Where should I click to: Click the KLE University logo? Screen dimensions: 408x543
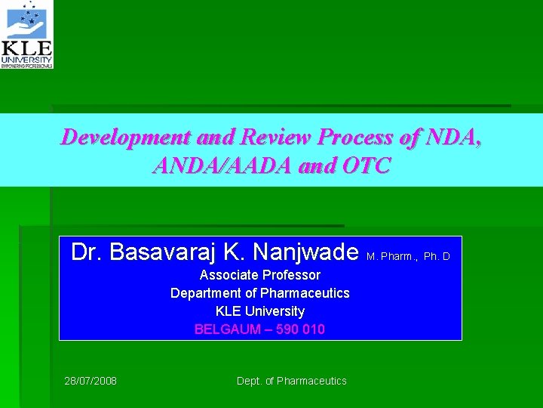[27, 35]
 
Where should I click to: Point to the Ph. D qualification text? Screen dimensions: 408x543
[437, 256]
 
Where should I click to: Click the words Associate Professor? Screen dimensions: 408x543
[260, 275]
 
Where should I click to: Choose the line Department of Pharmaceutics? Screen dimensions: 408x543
[260, 293]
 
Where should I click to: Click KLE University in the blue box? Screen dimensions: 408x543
[260, 311]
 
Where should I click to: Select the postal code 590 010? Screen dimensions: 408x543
[300, 329]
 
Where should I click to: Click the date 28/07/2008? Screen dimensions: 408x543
[90, 381]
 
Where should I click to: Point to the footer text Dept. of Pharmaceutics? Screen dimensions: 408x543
[292, 381]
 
